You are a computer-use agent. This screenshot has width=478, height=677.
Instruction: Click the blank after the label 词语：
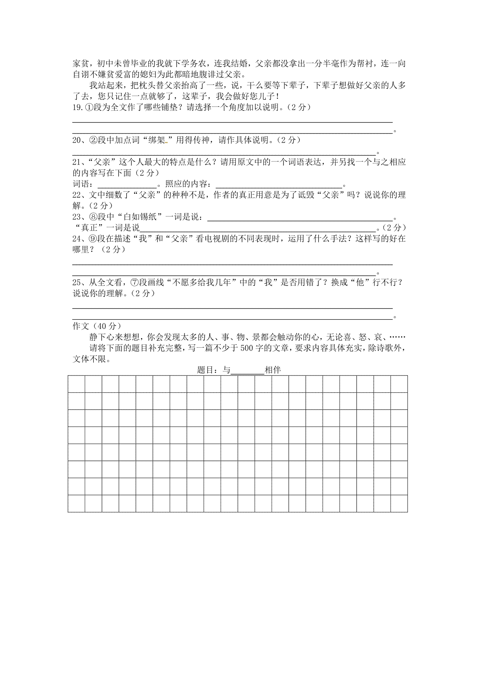point(127,184)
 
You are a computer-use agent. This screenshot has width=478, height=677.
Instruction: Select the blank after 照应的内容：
point(279,184)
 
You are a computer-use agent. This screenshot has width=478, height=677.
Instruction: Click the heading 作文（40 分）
point(97,327)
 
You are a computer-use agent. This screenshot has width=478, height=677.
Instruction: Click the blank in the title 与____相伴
point(247,370)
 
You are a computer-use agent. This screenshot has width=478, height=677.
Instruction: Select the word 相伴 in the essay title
point(273,370)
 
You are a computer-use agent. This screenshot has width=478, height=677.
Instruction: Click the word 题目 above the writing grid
point(206,370)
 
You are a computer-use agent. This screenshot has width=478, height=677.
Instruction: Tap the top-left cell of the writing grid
point(76,384)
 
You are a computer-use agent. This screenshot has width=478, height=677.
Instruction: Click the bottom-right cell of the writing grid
point(399,504)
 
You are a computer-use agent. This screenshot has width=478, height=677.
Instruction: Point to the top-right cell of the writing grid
point(399,384)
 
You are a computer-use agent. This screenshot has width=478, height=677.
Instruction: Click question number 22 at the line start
point(76,195)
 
